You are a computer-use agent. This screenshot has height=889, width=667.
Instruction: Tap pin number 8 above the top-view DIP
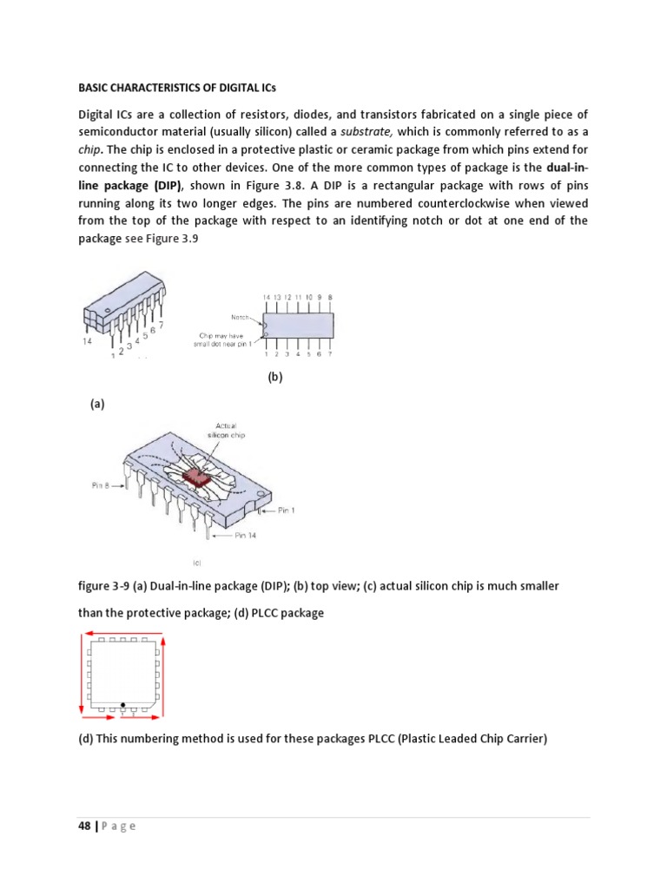point(330,297)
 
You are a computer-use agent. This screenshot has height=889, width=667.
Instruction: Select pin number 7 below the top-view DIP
point(330,354)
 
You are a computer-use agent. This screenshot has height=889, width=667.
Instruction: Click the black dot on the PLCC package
point(123,704)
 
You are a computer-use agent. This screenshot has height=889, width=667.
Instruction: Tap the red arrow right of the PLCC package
point(162,673)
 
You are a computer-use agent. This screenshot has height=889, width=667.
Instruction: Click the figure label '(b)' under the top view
point(274,378)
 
